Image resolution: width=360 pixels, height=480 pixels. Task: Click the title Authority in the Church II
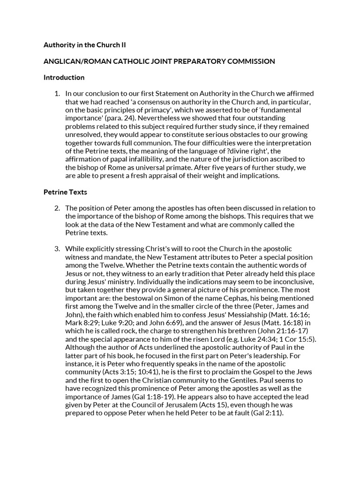[84, 45]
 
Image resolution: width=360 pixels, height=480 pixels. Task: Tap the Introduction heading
[64, 77]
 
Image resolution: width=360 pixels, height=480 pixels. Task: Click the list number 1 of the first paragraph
[57, 93]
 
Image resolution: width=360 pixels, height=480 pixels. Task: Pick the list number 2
[57, 208]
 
